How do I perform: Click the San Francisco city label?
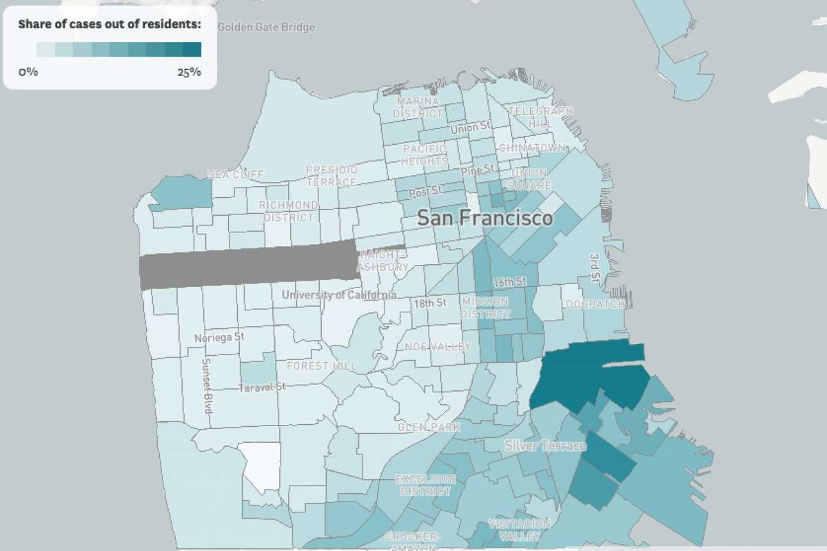pos(486,219)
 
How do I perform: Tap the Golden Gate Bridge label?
pos(266,27)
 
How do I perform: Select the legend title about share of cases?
pos(110,25)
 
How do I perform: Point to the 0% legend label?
pos(28,72)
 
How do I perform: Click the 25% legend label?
pos(189,72)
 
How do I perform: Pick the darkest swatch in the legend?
pos(192,49)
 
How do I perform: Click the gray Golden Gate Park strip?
pos(248,263)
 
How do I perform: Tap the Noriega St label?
pos(219,338)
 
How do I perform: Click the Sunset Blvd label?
pos(207,386)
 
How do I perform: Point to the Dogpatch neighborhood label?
pos(595,304)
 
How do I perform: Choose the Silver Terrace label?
pos(544,445)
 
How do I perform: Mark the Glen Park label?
pos(428,428)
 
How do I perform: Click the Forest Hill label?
pos(321,365)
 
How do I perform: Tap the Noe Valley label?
pos(438,346)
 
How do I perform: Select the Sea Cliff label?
pos(236,174)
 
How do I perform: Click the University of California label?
pos(338,295)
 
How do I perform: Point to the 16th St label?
pos(510,282)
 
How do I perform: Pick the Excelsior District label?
pos(425,485)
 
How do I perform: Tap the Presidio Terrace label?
pos(331,176)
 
